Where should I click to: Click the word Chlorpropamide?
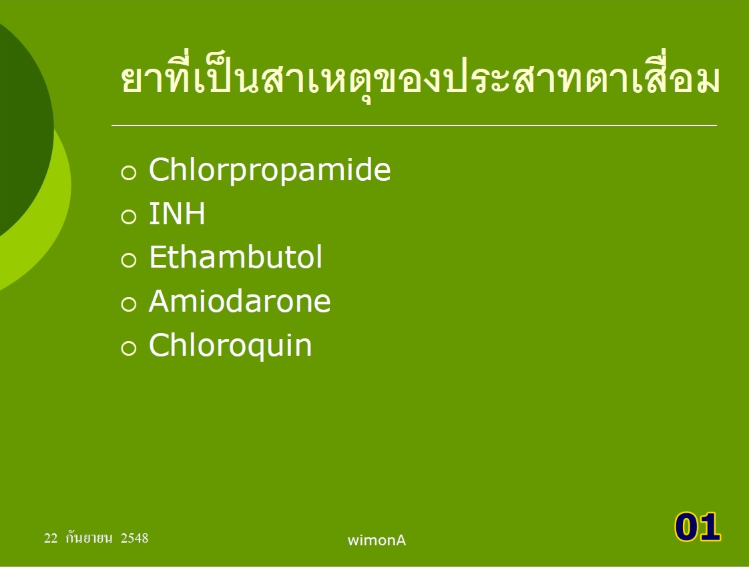click(x=270, y=170)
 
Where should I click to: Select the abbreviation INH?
click(x=177, y=214)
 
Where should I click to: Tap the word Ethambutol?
click(x=236, y=257)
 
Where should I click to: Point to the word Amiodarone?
click(x=240, y=302)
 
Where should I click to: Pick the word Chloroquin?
click(x=231, y=345)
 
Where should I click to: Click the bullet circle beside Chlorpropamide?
click(x=129, y=172)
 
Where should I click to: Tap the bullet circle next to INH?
click(x=129, y=216)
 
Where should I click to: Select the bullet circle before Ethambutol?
click(x=129, y=260)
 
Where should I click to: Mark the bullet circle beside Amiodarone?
click(x=129, y=304)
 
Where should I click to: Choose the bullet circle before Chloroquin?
click(x=129, y=348)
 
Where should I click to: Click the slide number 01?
click(x=698, y=527)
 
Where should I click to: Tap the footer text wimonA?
click(x=377, y=540)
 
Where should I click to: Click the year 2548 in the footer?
click(x=135, y=539)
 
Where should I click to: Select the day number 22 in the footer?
click(x=51, y=539)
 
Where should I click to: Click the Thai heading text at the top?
click(x=421, y=79)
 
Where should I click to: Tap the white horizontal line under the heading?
click(x=414, y=125)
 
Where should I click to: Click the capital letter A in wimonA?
click(x=401, y=540)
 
